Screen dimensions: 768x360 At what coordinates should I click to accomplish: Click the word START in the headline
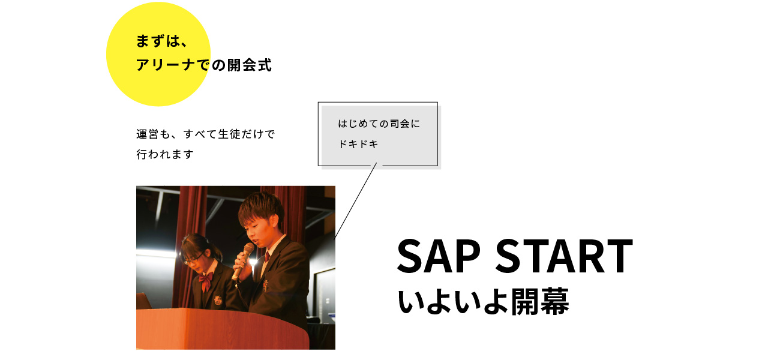tap(564, 256)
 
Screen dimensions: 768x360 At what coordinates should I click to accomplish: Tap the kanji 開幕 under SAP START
tap(540, 302)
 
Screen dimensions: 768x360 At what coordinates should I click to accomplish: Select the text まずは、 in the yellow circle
tap(162, 41)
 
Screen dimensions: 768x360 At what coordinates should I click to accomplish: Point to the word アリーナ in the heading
tap(166, 65)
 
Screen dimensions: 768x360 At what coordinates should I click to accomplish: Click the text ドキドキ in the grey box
tap(358, 144)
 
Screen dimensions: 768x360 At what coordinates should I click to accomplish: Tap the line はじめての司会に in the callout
tap(379, 124)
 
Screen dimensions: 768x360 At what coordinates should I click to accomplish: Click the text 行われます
tap(165, 154)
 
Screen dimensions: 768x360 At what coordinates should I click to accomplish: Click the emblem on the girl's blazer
tap(217, 301)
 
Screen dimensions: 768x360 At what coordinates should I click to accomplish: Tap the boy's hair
tap(261, 208)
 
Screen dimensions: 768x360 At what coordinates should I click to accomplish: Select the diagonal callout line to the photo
tap(356, 200)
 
